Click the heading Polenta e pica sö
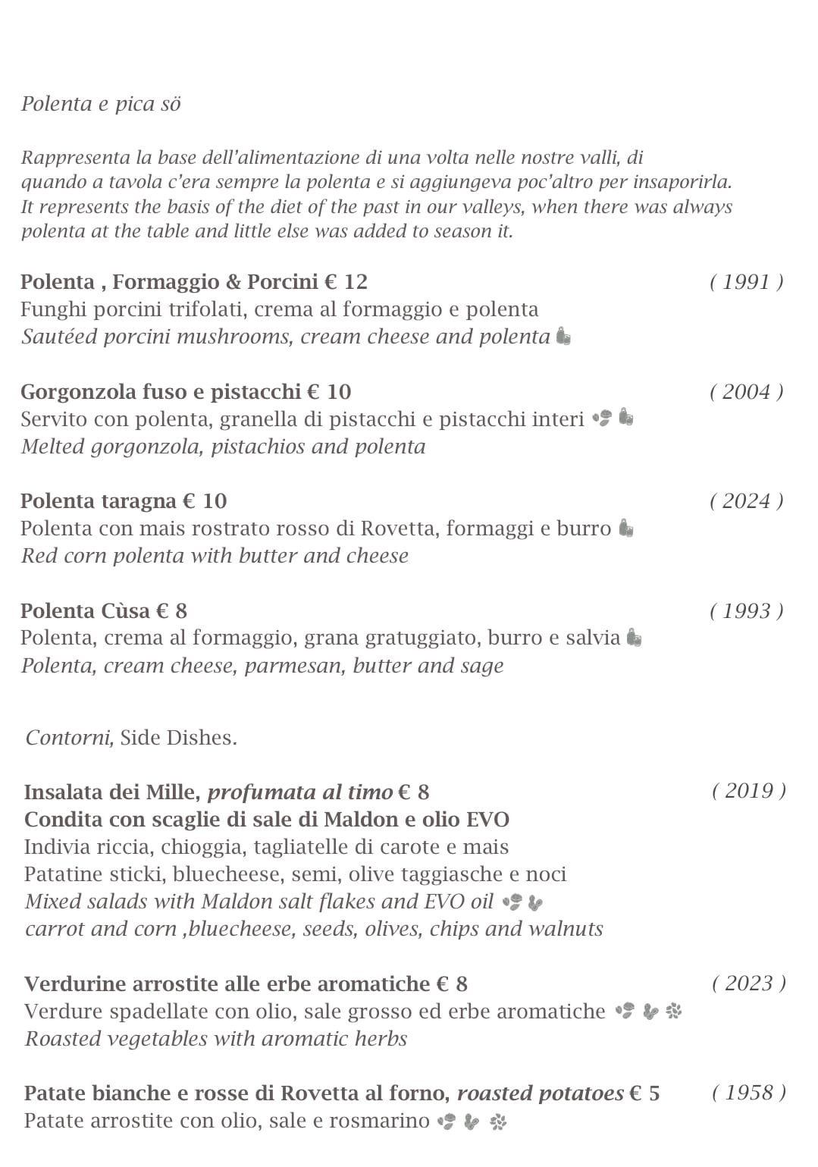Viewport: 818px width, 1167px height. point(101,104)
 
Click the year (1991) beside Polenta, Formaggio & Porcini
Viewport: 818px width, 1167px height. point(746,282)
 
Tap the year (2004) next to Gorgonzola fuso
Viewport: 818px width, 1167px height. point(746,392)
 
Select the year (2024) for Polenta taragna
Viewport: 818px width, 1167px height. point(746,501)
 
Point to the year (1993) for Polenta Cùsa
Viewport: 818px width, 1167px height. point(746,611)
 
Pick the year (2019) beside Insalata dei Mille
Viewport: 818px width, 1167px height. point(748,791)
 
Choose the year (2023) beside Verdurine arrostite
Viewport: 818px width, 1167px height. point(748,983)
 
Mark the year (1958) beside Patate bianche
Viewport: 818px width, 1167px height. point(748,1093)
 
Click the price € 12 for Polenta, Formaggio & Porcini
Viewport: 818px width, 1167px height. point(346,282)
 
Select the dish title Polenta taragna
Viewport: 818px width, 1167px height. point(99,501)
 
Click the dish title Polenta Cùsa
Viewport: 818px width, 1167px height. point(86,611)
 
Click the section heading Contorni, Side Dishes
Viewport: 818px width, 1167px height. point(131,737)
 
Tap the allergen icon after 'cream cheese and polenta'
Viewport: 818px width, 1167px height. point(563,336)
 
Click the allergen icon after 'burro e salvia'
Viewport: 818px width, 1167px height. point(635,638)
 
